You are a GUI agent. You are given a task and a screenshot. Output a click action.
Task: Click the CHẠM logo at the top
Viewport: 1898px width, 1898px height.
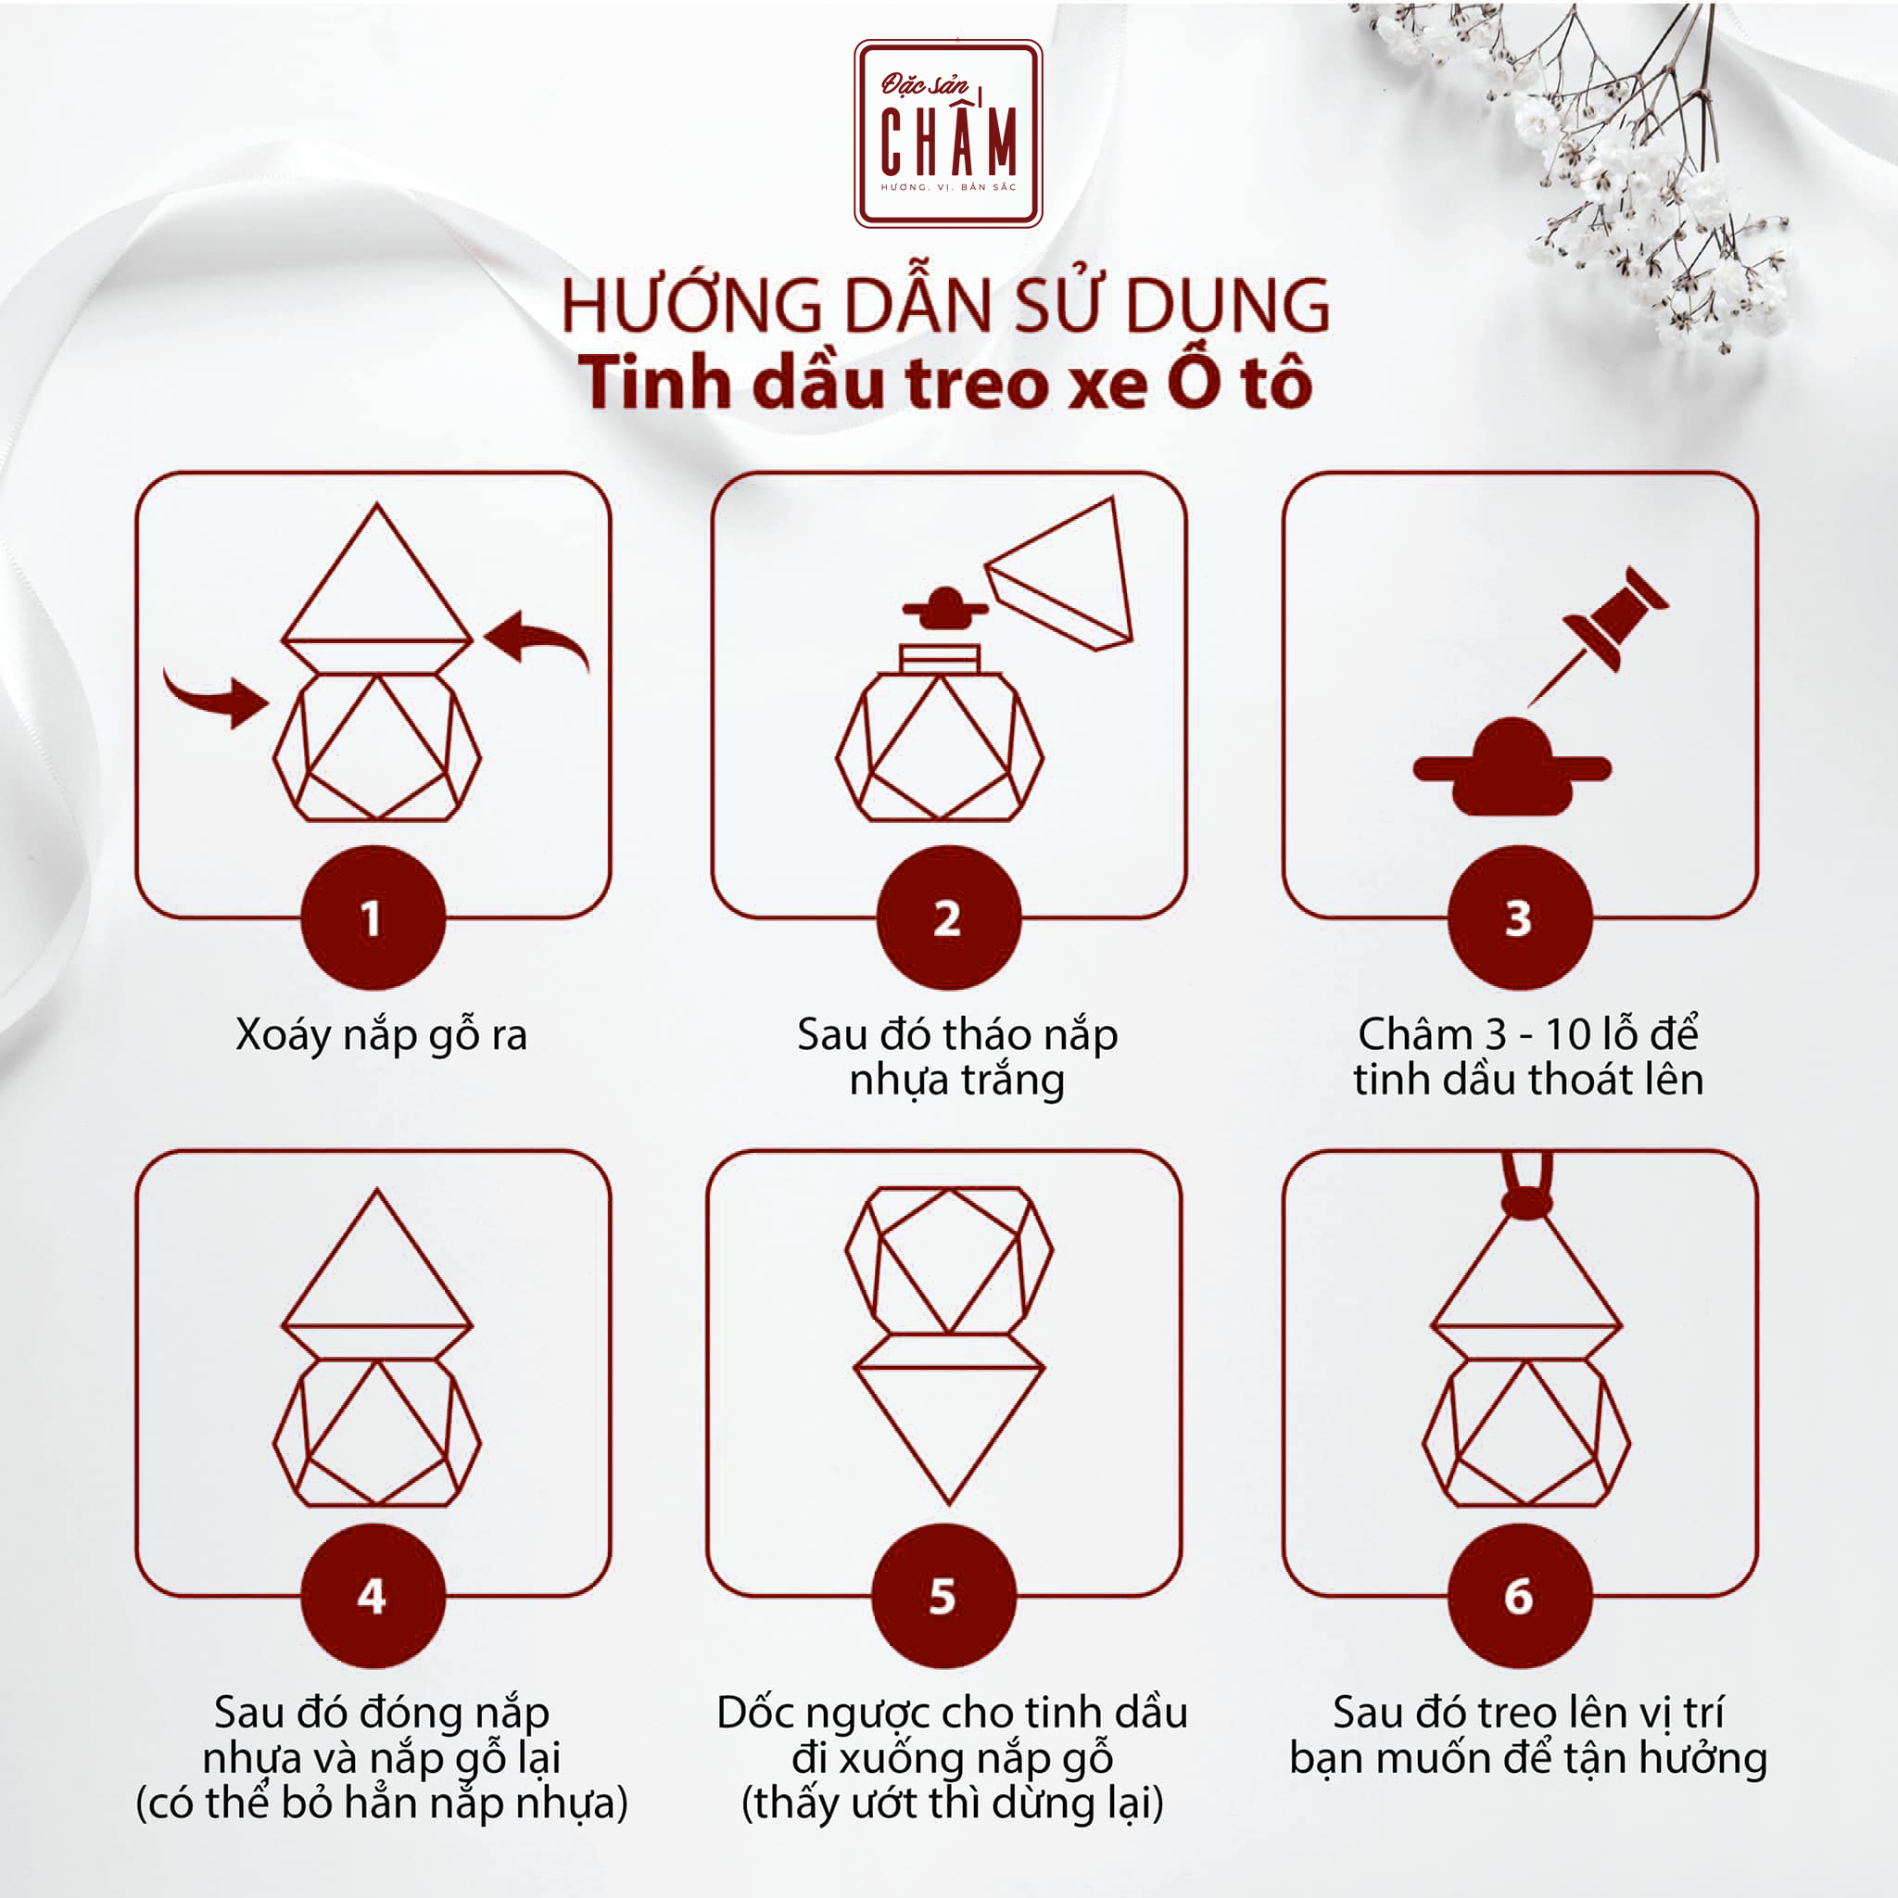[x=948, y=133]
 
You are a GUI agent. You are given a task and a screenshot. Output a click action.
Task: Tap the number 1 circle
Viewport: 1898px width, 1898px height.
[x=373, y=917]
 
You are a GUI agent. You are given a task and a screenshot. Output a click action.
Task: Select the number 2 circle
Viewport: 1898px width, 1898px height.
[x=948, y=917]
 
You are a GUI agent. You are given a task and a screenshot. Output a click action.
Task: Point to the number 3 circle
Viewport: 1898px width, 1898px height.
[x=1519, y=917]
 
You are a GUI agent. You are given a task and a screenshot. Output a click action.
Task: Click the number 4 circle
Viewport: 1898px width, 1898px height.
[x=373, y=1596]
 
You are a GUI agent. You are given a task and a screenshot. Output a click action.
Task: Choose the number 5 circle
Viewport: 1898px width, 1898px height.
[x=943, y=1596]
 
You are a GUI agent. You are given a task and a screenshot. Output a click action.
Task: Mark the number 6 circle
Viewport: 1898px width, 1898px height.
[x=1519, y=1596]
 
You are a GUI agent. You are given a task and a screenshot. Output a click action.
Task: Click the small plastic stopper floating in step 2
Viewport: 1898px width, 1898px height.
[x=945, y=609]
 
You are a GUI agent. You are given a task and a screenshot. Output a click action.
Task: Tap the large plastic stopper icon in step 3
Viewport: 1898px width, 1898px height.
[x=1511, y=769]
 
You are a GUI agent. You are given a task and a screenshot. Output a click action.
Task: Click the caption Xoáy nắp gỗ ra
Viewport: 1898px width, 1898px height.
[x=381, y=1034]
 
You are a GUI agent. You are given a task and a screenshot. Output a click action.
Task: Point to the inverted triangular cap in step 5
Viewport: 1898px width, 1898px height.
[x=949, y=1429]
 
